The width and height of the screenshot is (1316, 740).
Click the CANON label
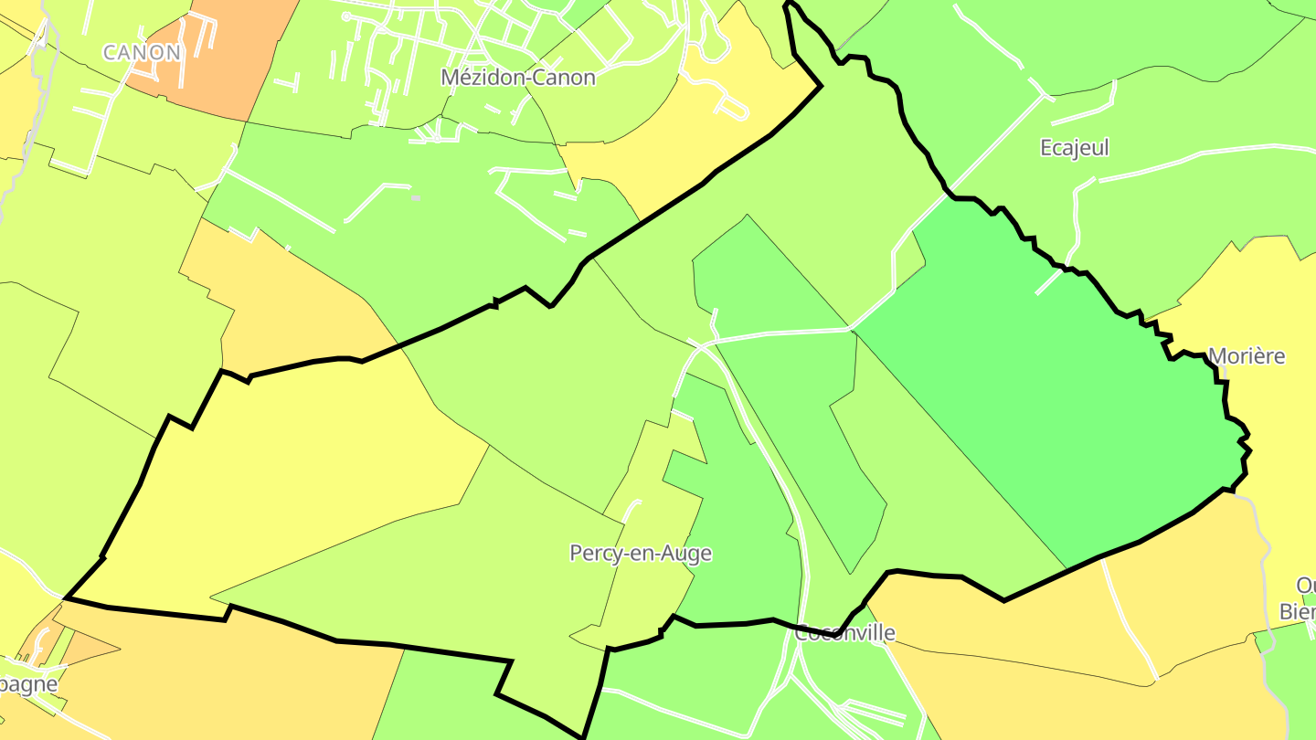pyautogui.click(x=142, y=52)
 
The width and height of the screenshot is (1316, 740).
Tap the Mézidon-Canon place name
pyautogui.click(x=517, y=78)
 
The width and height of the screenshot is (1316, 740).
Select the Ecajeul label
pyautogui.click(x=1074, y=147)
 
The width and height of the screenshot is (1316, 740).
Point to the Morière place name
pyautogui.click(x=1247, y=356)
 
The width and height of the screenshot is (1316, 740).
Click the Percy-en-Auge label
pyautogui.click(x=640, y=553)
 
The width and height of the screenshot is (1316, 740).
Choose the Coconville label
pyautogui.click(x=844, y=632)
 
